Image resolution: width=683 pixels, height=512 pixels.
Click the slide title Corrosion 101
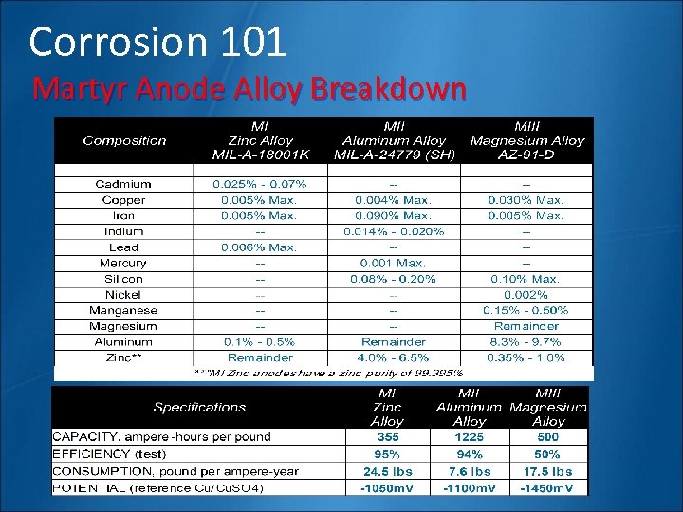[x=157, y=42]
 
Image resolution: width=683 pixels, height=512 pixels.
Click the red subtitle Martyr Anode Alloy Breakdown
[x=249, y=89]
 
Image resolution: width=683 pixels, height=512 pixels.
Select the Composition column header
[x=124, y=140]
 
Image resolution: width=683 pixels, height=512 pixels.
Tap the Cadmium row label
[x=123, y=184]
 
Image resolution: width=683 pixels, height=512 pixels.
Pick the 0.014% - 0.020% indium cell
[x=394, y=231]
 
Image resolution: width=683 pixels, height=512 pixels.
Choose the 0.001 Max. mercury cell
[x=394, y=263]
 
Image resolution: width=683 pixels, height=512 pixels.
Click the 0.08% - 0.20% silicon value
[x=394, y=279]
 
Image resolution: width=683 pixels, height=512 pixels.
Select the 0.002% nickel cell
[x=526, y=295]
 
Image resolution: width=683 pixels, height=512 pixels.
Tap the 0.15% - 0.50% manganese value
[x=526, y=310]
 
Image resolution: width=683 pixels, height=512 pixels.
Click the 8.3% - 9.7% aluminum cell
[x=526, y=341]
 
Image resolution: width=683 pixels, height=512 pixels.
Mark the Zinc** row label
[x=123, y=357]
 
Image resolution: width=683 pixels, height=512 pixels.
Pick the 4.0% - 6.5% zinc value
[x=394, y=357]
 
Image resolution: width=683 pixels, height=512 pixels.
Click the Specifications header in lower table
[x=199, y=407]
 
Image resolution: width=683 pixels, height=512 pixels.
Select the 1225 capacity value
[x=469, y=438]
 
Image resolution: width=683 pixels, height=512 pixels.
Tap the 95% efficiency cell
[x=387, y=454]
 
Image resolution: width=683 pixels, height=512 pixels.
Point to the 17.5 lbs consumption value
[x=548, y=471]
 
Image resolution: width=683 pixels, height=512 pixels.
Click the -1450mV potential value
[x=548, y=488]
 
